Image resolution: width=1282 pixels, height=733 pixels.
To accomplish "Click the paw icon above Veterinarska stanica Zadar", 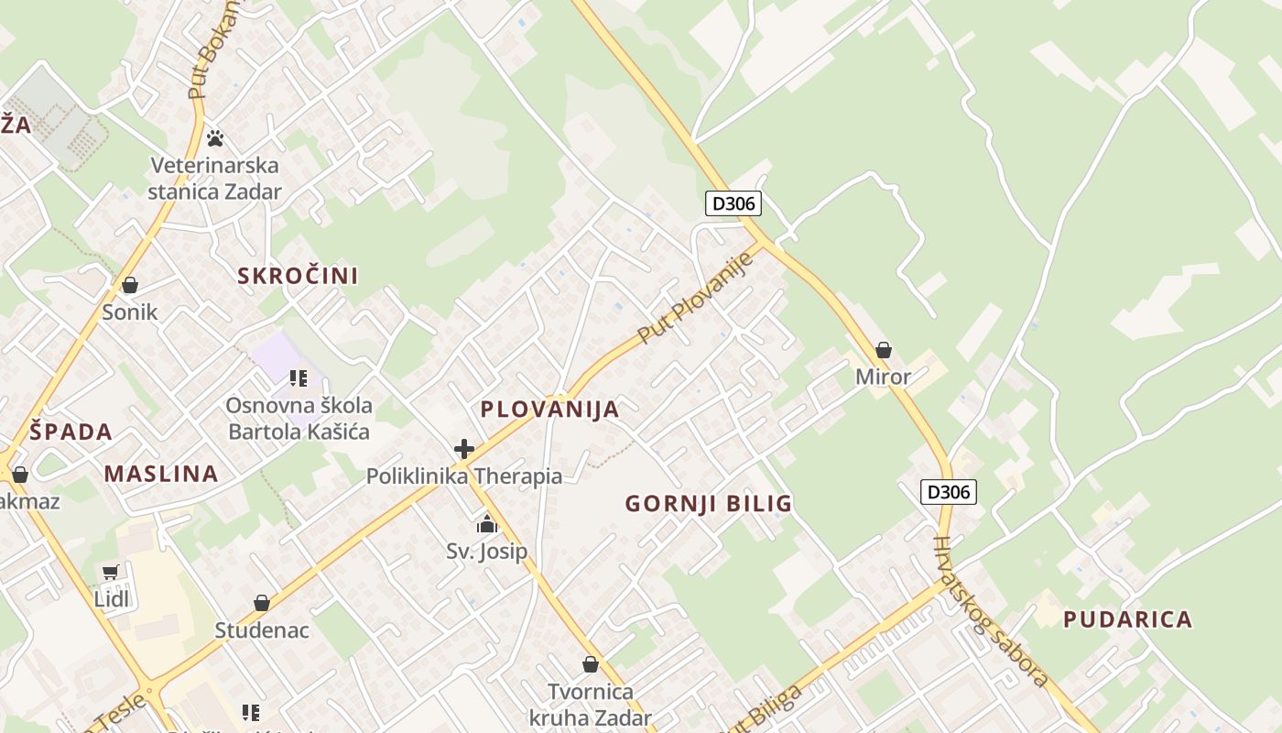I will click(x=215, y=138).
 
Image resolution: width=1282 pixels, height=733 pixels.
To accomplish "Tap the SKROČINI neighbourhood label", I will click(x=298, y=276).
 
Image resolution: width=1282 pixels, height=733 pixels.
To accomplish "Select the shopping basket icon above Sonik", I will click(x=130, y=285).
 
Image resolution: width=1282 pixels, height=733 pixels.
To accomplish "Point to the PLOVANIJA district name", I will click(x=549, y=410).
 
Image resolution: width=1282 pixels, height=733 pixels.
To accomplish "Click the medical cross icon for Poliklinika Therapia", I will click(x=464, y=449).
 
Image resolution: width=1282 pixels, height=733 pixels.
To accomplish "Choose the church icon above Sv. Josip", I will click(x=486, y=524).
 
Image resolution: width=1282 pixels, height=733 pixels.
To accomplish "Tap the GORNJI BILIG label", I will click(x=708, y=503).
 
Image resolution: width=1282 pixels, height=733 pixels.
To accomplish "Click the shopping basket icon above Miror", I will click(x=884, y=350).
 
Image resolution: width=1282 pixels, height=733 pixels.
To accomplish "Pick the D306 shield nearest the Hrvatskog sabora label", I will click(x=949, y=492).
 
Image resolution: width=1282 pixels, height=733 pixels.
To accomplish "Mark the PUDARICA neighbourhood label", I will click(x=1127, y=619).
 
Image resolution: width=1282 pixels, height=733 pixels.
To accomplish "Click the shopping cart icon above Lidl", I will click(x=111, y=573).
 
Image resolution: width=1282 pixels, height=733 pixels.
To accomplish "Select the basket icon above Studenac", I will click(x=262, y=603).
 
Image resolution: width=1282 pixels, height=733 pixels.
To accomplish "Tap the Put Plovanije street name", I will click(x=695, y=298).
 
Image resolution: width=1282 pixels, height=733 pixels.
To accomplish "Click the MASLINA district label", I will click(x=161, y=474).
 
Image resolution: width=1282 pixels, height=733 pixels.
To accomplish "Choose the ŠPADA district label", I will click(x=71, y=432).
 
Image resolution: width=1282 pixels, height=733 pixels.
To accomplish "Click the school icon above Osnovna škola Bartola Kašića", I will click(x=298, y=377).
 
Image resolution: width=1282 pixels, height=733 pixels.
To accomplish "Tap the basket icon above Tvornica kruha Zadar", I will click(x=591, y=664).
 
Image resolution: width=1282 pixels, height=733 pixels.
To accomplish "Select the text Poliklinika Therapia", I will click(x=464, y=476).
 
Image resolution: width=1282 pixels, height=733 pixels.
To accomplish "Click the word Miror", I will click(x=883, y=377).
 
